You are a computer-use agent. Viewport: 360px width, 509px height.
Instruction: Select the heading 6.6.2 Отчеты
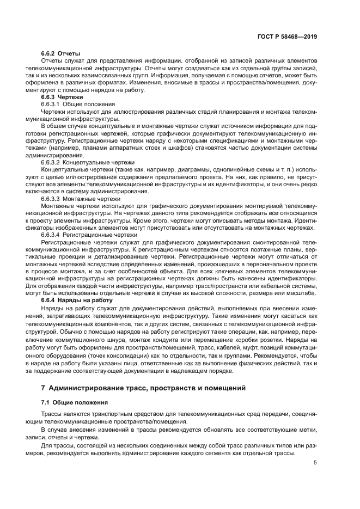[60, 54]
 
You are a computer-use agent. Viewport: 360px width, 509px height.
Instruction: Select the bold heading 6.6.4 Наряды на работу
[77, 301]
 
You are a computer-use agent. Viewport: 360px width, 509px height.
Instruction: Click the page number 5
[315, 463]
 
